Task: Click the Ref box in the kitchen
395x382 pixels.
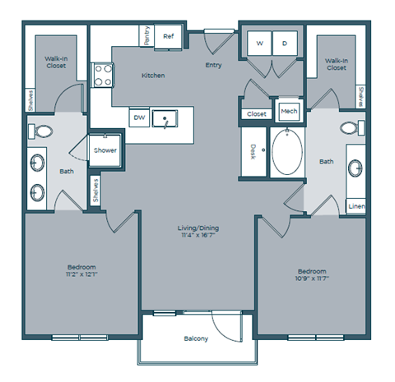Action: click(169, 36)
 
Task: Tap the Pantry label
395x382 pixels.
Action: click(147, 36)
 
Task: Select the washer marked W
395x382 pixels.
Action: click(259, 43)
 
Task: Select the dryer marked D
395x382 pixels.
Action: click(285, 43)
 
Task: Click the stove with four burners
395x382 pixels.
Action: click(102, 76)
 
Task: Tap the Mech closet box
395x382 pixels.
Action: click(288, 112)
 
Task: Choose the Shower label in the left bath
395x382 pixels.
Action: click(105, 150)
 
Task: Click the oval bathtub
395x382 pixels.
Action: click(287, 151)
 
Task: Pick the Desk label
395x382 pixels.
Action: click(253, 151)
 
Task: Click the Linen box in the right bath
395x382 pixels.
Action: click(356, 206)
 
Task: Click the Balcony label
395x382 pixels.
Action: click(196, 339)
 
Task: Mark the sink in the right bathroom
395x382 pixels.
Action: click(355, 168)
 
